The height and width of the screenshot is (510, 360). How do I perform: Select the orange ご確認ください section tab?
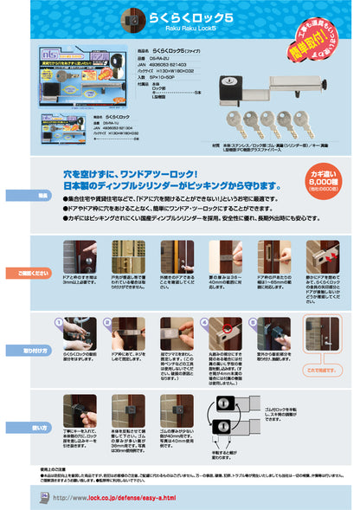(17, 273)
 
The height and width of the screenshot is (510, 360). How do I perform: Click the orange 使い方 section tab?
(17, 428)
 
